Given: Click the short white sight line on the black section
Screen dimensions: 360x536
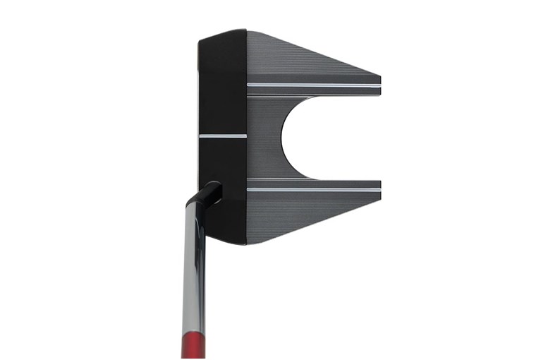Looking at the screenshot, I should point(222,135).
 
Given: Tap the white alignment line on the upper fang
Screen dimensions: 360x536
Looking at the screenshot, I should point(313,85).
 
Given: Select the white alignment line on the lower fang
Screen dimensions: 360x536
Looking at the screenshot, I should point(313,189).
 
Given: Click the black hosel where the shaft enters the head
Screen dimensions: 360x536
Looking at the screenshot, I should point(210,191).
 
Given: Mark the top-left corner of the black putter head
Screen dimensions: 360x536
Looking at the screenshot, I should point(200,35).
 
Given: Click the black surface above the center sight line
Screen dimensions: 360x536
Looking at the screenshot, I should point(221,85).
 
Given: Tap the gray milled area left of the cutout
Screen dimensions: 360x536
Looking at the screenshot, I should point(264,138).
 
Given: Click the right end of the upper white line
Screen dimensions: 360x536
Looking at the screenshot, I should point(379,85).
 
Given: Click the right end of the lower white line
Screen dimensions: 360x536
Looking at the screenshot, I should point(379,189).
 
